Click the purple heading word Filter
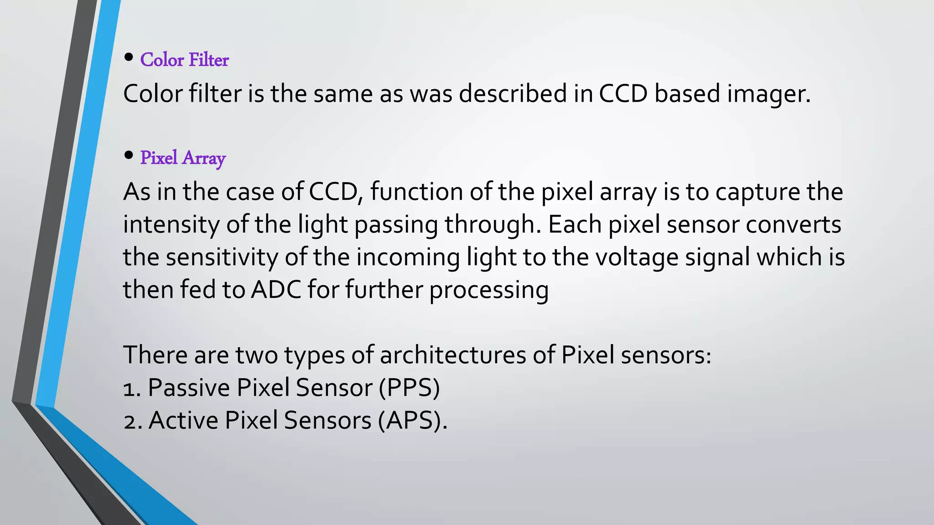208,60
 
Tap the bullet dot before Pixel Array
129,156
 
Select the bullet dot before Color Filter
129,58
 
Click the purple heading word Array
203,158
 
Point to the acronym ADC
276,289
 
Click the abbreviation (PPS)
409,388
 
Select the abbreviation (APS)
412,420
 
